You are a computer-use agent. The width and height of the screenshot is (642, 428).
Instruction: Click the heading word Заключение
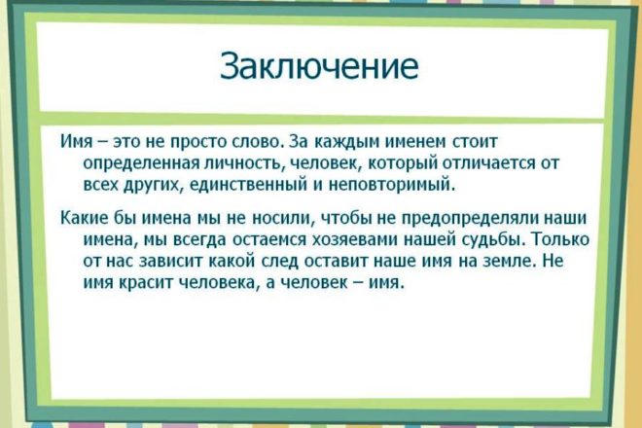click(x=319, y=65)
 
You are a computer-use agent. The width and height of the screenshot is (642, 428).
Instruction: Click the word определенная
click(x=142, y=163)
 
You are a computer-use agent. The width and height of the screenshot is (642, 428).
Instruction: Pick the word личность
click(x=243, y=163)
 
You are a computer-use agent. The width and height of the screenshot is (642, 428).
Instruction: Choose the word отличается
click(x=488, y=163)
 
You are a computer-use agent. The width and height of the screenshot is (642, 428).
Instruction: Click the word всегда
click(x=200, y=239)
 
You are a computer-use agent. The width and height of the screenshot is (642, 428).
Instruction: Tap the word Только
click(x=562, y=238)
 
